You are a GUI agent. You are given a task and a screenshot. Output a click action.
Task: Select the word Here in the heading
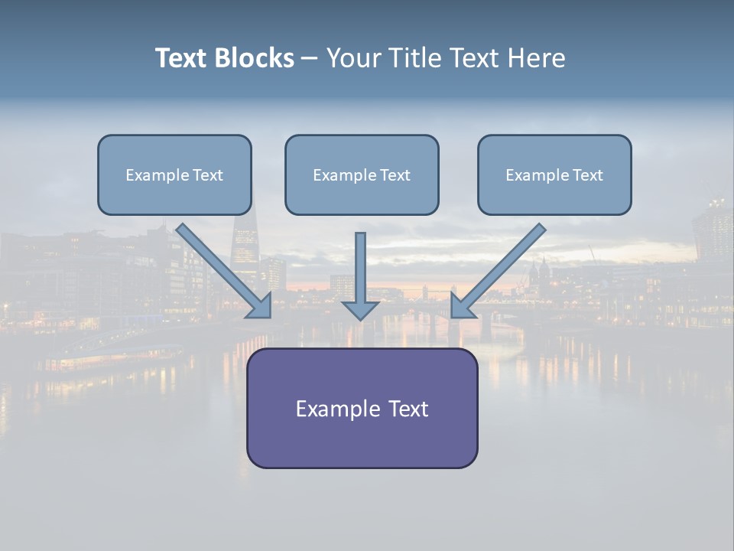pyautogui.click(x=537, y=58)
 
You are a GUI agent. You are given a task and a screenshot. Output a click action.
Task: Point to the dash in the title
pyautogui.click(x=310, y=59)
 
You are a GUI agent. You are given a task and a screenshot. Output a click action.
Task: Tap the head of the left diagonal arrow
pyautogui.click(x=261, y=306)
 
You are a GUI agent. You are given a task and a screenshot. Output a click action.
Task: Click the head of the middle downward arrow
pyautogui.click(x=360, y=309)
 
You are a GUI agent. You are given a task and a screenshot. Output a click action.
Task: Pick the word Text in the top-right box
pyautogui.click(x=588, y=175)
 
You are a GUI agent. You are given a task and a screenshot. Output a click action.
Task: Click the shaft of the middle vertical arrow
pyautogui.click(x=360, y=264)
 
